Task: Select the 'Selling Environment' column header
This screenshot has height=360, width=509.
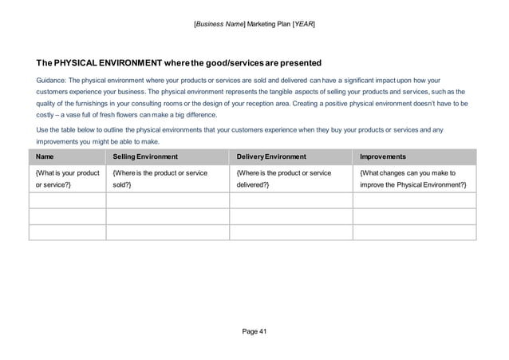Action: [x=145, y=157]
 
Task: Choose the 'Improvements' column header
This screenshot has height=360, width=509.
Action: [x=384, y=157]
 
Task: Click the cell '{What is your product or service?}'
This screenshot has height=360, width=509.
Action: [x=67, y=179]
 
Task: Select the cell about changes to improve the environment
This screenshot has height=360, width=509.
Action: [x=413, y=179]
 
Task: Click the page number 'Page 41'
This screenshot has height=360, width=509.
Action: [x=254, y=330]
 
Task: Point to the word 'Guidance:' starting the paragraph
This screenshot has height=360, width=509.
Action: [x=51, y=81]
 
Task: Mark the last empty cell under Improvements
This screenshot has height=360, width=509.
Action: [x=413, y=232]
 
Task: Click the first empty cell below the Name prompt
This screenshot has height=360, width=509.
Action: [x=67, y=200]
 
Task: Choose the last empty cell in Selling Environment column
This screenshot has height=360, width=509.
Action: [x=168, y=232]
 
